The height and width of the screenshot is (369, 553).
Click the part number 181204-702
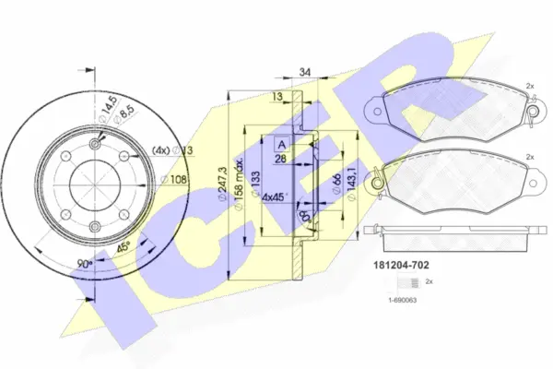406,264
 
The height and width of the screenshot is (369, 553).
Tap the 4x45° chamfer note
275,196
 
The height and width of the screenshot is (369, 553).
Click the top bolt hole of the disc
95,143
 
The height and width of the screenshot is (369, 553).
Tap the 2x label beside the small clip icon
429,280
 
